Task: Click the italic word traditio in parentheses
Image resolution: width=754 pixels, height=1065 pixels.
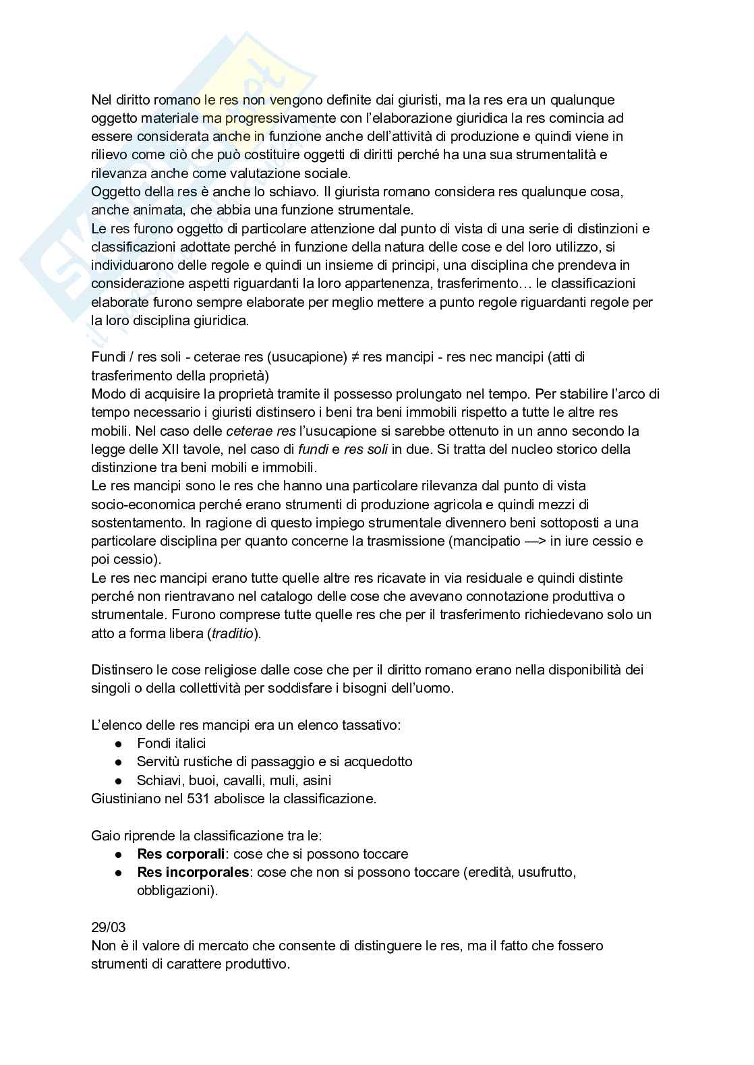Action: click(233, 633)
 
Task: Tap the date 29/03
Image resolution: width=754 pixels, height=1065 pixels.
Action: click(108, 927)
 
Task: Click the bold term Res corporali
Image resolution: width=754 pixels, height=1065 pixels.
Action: click(180, 854)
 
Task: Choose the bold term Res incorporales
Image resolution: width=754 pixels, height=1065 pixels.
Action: click(193, 872)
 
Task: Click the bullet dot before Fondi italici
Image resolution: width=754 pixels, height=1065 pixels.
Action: click(118, 743)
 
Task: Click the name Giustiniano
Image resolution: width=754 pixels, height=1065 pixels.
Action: click(126, 799)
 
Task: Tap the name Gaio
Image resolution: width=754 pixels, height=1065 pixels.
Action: click(106, 836)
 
